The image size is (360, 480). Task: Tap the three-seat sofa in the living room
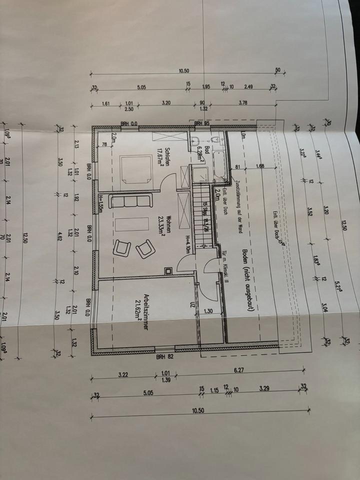coord(130,201)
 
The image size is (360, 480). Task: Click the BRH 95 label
coord(201,123)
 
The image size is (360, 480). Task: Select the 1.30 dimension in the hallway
coord(209,311)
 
